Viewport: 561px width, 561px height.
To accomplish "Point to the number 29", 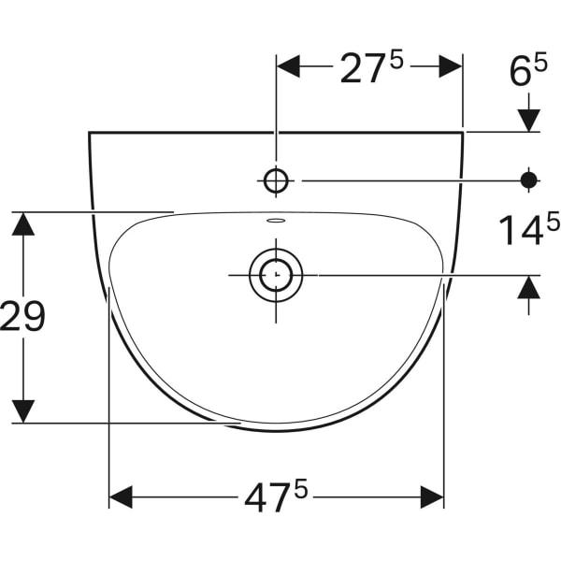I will [x=22, y=318].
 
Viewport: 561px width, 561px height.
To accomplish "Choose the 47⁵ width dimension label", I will [x=276, y=497].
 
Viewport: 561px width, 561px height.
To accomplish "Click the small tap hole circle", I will [x=276, y=180].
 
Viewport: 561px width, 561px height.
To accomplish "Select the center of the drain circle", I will [x=276, y=275].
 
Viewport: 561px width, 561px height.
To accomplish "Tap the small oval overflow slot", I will [x=276, y=222].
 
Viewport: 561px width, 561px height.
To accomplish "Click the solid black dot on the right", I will [x=529, y=180].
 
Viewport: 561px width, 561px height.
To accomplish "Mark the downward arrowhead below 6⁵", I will [x=529, y=120].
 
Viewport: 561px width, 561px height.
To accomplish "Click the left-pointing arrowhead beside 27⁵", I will [x=288, y=66].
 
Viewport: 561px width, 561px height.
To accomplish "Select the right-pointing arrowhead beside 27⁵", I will [x=451, y=66].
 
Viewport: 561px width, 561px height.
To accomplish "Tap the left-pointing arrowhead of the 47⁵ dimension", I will [x=122, y=497].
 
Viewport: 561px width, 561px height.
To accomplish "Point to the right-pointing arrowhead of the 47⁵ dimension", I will [x=432, y=497].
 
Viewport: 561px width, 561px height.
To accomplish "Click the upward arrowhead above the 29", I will [x=22, y=224].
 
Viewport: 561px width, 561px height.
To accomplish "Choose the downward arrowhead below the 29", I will [x=22, y=411].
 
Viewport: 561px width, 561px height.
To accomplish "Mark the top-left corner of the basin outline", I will [x=90, y=133].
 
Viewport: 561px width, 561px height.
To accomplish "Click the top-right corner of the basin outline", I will [x=463, y=133].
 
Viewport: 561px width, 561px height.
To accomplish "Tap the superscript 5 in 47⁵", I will [x=301, y=487].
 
